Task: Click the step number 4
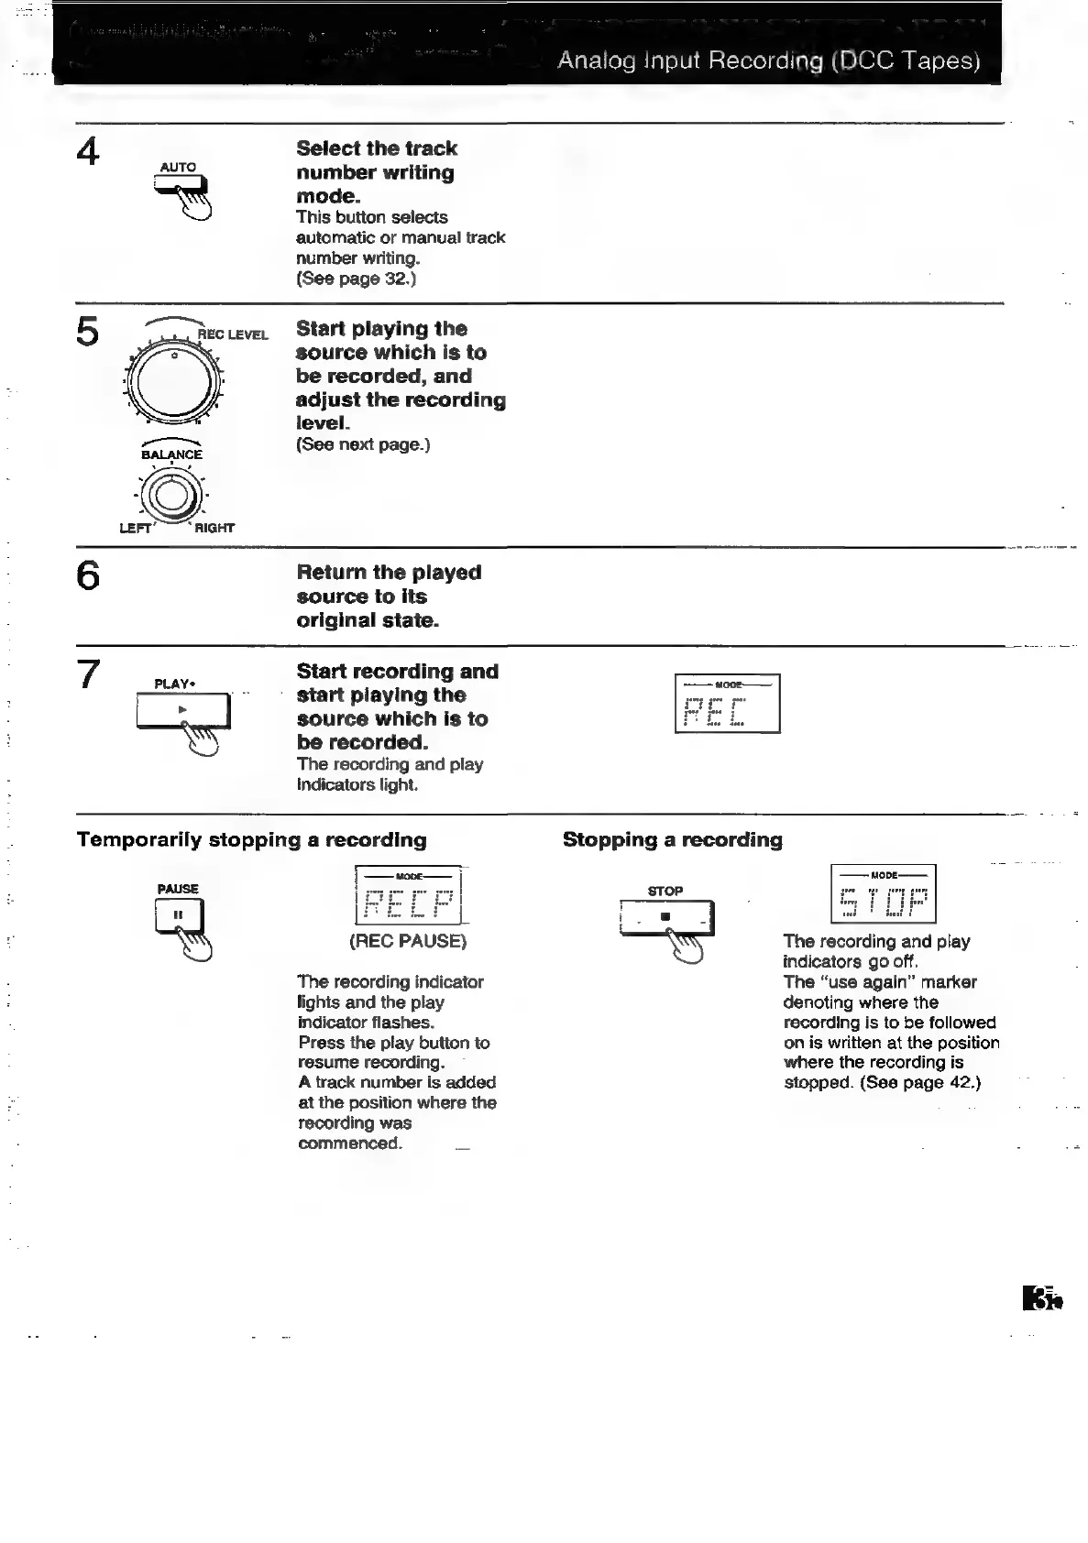[x=88, y=151]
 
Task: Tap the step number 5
[x=88, y=331]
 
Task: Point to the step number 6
[x=88, y=575]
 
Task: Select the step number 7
[x=88, y=674]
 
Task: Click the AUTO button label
[x=178, y=168]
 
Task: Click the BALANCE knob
[x=171, y=496]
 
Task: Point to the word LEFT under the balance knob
[x=135, y=528]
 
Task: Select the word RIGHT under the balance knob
[x=214, y=528]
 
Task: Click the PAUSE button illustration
[x=179, y=915]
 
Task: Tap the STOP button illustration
[x=666, y=916]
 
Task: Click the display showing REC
[x=727, y=704]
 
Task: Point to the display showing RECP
[x=408, y=895]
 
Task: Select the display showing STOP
[x=883, y=893]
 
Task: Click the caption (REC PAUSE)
[x=408, y=941]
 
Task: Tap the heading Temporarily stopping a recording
[x=252, y=840]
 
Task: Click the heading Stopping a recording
[x=673, y=840]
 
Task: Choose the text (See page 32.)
[x=356, y=279]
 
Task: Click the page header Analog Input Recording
[x=768, y=60]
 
